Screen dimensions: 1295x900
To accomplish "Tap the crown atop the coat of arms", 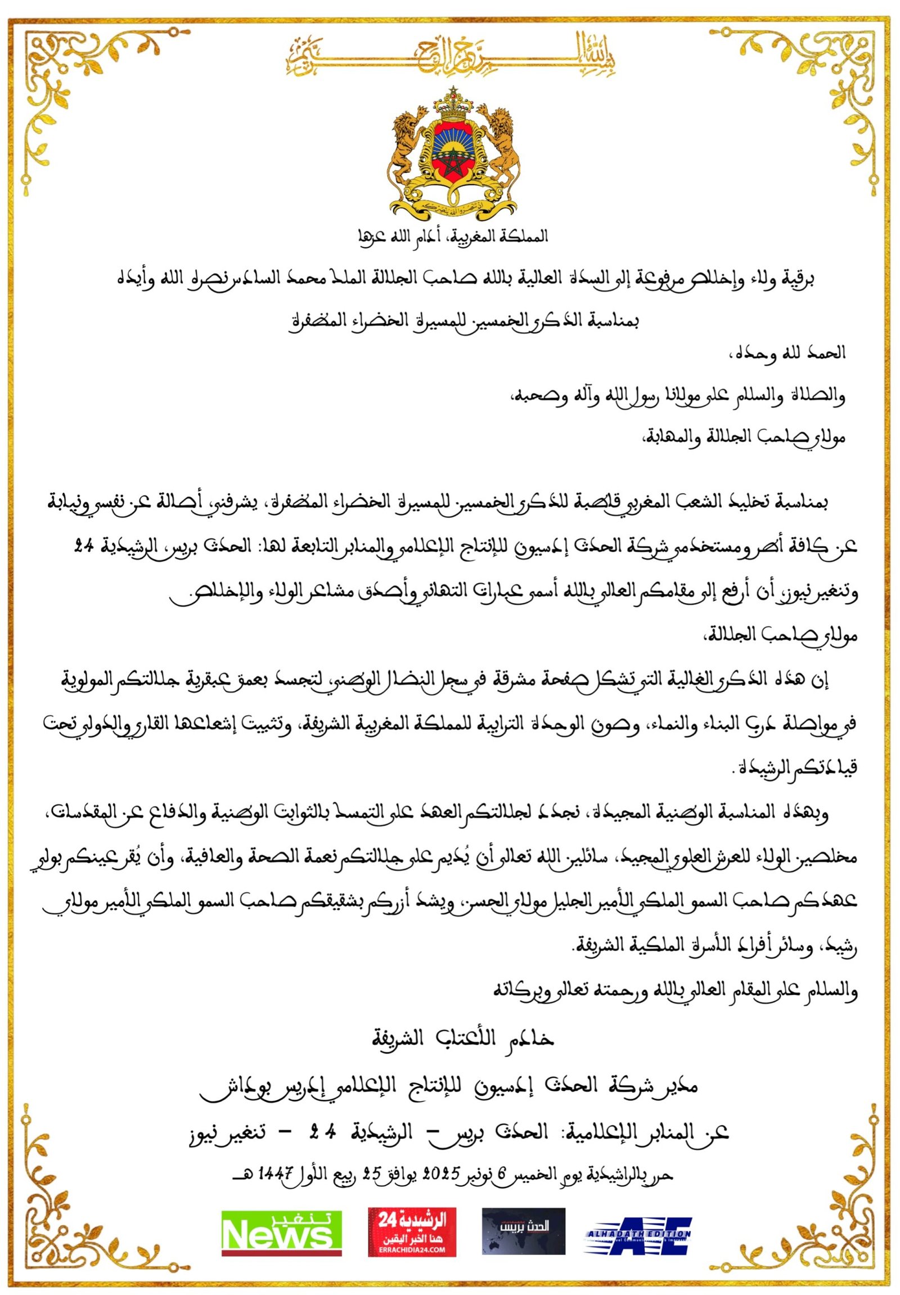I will coord(452,102).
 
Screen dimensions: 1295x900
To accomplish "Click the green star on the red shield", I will coord(452,164).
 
